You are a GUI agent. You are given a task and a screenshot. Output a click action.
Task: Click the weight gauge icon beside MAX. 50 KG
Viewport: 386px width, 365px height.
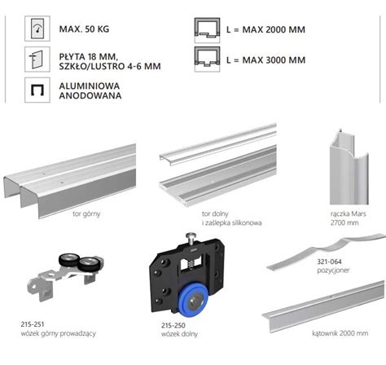37,29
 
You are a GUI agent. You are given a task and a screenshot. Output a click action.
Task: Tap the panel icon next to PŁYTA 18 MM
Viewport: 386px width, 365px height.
37,59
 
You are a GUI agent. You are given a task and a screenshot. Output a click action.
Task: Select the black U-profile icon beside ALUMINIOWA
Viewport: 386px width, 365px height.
37,90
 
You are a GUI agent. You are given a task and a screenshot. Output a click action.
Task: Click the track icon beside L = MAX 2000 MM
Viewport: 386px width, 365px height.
207,30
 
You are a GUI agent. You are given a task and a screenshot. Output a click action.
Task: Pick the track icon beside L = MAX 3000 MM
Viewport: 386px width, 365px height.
207,59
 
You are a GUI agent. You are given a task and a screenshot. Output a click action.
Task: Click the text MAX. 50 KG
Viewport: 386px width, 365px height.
84,29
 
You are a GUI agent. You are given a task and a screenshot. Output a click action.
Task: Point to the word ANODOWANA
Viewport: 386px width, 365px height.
90,95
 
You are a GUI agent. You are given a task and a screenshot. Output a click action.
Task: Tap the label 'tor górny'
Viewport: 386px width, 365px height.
86,214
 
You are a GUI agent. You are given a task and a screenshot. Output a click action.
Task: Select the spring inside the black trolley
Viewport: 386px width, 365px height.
191,262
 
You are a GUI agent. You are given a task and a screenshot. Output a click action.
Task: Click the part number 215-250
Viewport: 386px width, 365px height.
173,325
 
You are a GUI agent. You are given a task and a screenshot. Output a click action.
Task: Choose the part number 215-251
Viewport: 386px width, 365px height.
33,324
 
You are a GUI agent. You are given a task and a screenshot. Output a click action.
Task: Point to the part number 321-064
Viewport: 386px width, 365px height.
329,262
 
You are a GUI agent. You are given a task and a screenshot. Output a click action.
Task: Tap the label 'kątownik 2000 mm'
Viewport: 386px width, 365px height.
340,333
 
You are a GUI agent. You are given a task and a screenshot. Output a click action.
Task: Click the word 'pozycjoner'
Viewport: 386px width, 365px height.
333,270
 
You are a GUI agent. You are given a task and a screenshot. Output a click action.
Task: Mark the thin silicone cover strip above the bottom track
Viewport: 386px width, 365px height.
218,144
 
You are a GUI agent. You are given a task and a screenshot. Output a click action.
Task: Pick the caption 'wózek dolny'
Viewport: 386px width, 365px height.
179,334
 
